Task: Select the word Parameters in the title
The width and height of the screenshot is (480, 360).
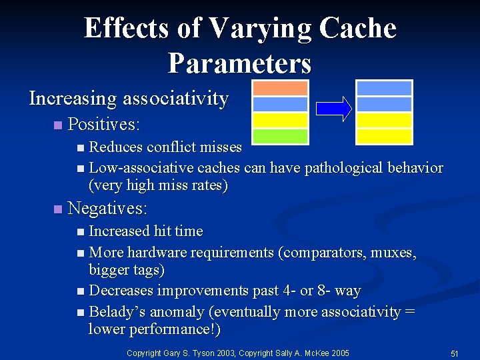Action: point(239,63)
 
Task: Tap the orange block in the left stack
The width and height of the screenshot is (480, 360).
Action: point(280,88)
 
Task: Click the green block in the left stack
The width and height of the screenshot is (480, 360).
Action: point(280,136)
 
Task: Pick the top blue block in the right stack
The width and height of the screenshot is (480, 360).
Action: point(384,88)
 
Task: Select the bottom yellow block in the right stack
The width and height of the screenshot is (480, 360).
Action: point(384,136)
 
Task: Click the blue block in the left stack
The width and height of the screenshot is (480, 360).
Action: point(280,104)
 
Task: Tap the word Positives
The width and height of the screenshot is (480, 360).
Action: point(103,125)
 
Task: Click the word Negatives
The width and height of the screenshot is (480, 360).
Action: point(107,209)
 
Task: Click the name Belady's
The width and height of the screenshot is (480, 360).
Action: point(117,312)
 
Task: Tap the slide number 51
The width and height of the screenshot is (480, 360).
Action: point(454,353)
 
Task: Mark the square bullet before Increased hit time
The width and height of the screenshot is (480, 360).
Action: point(81,232)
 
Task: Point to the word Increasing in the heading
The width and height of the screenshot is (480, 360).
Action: point(73,99)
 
